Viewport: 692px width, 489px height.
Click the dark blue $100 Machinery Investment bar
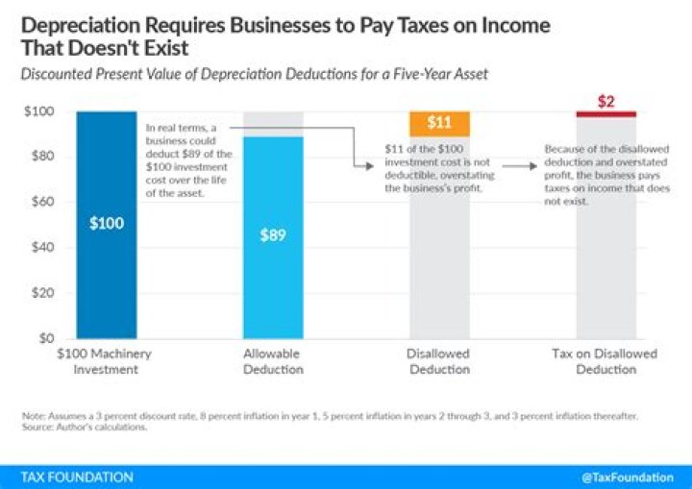coord(106,224)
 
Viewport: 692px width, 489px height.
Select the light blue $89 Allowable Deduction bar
coord(272,236)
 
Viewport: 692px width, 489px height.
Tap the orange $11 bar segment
coord(438,123)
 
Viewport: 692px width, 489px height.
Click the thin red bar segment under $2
coord(605,114)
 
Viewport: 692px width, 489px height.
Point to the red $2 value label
coord(605,100)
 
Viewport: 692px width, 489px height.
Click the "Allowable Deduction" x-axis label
coord(272,361)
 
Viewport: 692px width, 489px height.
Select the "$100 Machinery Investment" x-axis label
coord(106,361)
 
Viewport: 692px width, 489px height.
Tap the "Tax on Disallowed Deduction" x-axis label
coord(605,361)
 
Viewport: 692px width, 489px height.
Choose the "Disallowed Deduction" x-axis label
coord(438,361)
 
